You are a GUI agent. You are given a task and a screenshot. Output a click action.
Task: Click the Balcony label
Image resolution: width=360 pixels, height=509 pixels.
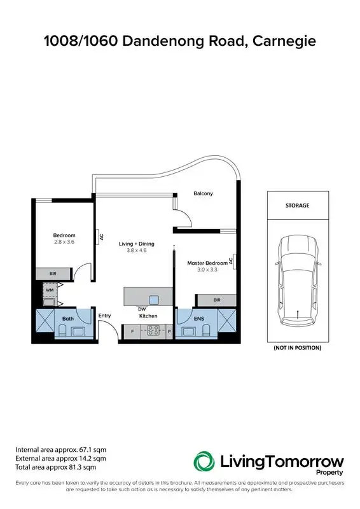point(203,193)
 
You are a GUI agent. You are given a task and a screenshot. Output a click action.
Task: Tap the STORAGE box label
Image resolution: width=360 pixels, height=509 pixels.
point(297,206)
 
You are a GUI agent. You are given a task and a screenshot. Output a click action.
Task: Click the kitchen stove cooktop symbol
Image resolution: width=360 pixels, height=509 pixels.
point(153,330)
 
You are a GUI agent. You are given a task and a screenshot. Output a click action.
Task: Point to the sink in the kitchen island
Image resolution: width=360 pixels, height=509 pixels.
point(154,300)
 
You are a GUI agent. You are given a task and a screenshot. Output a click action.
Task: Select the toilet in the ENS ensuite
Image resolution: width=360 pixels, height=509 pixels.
point(206,330)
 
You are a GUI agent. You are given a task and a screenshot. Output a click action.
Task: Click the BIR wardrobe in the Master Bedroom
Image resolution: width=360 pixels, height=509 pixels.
point(216,300)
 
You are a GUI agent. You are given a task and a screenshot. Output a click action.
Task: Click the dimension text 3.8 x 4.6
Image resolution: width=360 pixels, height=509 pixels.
point(137,251)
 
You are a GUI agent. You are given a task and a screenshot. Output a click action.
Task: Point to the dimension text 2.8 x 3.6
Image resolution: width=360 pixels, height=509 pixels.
point(64,242)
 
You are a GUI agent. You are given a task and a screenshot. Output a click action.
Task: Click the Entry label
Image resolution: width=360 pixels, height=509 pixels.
point(104,316)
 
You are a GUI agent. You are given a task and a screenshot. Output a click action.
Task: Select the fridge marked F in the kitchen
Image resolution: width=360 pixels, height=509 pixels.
point(132,331)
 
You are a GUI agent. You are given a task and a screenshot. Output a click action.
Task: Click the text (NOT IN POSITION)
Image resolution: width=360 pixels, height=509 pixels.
point(297,348)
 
